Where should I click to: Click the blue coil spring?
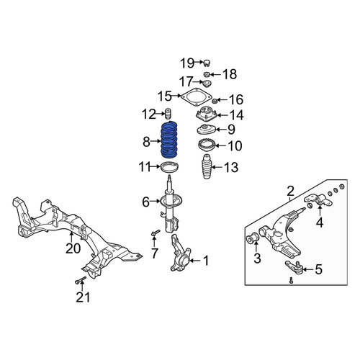[x=169, y=140]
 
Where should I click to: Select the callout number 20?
[x=73, y=248]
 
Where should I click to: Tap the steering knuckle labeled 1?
[x=180, y=253]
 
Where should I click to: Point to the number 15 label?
[x=164, y=96]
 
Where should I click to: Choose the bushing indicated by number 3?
[x=253, y=238]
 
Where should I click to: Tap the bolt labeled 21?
[x=81, y=280]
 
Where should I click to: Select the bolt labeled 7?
[x=156, y=233]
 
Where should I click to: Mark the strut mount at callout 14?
[x=207, y=114]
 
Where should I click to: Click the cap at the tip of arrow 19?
[x=207, y=63]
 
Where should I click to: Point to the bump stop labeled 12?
[x=168, y=114]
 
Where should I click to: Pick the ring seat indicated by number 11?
[x=169, y=167]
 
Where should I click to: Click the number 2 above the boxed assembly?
[x=290, y=192]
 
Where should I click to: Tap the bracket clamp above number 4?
[x=318, y=201]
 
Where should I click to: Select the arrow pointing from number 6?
[x=155, y=201]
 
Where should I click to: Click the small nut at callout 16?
[x=215, y=101]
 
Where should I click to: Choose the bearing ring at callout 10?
[x=207, y=145]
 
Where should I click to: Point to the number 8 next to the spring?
[x=146, y=142]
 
